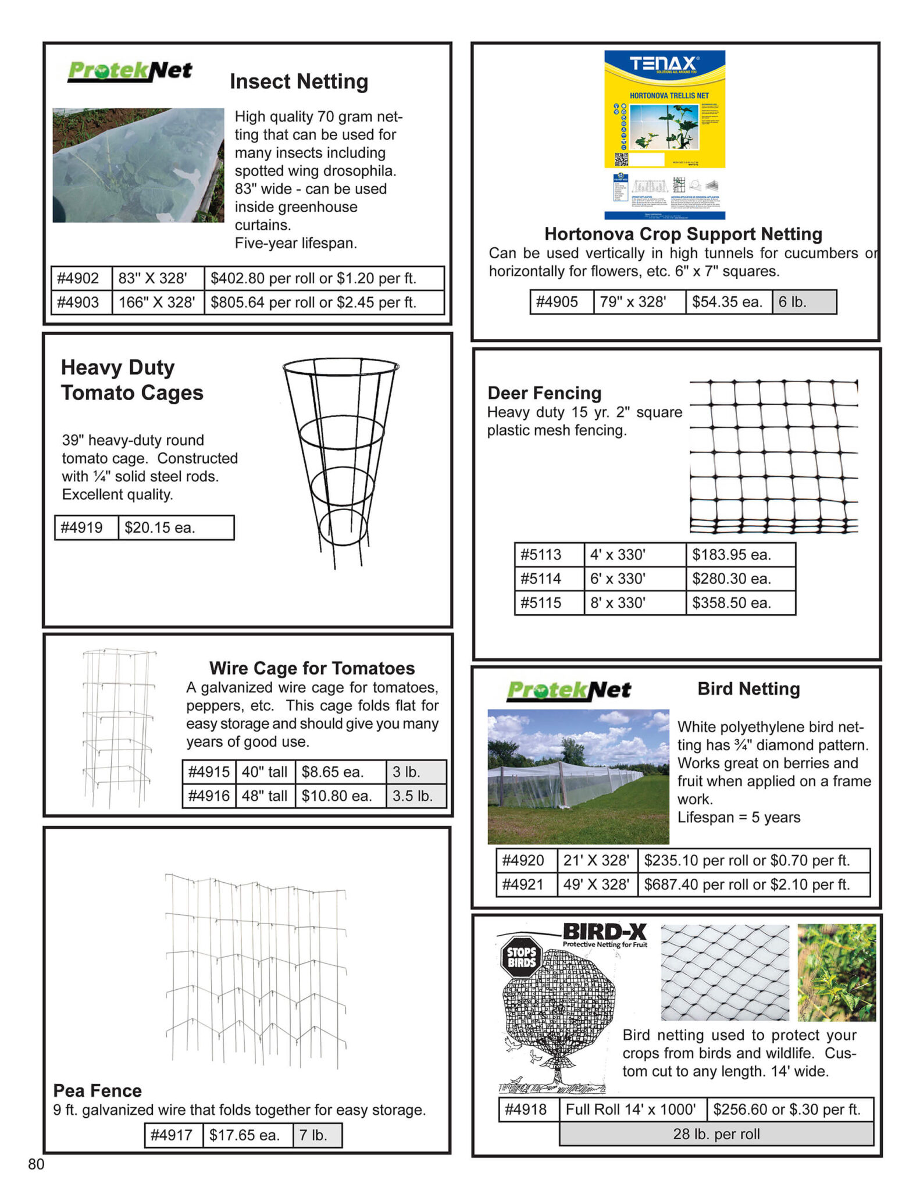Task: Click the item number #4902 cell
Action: coord(81,278)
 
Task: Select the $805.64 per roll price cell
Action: coord(324,302)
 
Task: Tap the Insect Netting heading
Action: coord(299,81)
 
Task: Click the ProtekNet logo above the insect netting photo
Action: coord(130,71)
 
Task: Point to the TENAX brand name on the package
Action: coord(664,63)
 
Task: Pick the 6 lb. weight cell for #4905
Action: coord(804,302)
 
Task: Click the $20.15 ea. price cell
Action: coord(176,527)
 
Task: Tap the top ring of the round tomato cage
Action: coord(341,367)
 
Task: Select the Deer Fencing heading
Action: coord(544,393)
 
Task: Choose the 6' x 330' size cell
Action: coord(634,579)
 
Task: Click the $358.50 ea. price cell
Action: coord(740,602)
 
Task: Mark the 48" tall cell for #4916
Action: coord(265,796)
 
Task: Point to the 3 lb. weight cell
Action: coord(416,772)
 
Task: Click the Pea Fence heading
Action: coord(98,1090)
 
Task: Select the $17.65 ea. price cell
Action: coord(248,1135)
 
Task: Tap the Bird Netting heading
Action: coord(748,689)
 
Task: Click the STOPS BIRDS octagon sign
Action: coord(521,957)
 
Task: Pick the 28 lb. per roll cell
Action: coord(716,1133)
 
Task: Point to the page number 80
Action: coord(36,1164)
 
